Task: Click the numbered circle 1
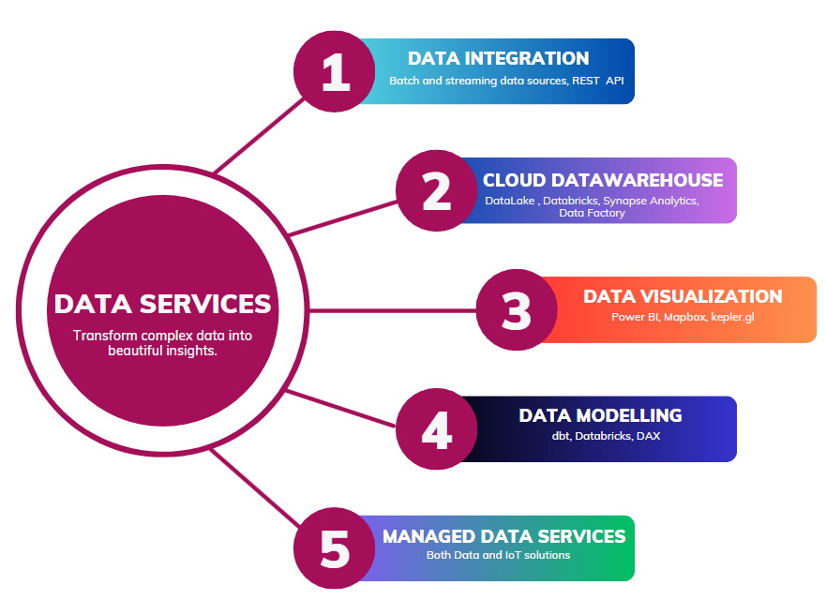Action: [x=335, y=72]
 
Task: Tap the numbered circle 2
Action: [x=436, y=191]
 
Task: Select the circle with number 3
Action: [x=517, y=310]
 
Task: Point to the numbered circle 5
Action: [x=335, y=548]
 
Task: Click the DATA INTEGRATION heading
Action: [x=498, y=58]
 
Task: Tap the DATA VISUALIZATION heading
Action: [x=683, y=296]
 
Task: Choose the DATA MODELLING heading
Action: [x=600, y=415]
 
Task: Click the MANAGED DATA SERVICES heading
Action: [x=503, y=536]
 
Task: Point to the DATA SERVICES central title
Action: [x=162, y=304]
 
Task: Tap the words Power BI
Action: [x=634, y=317]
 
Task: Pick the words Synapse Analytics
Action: [x=650, y=201]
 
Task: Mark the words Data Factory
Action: [x=592, y=213]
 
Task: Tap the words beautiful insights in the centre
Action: [x=162, y=352]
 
